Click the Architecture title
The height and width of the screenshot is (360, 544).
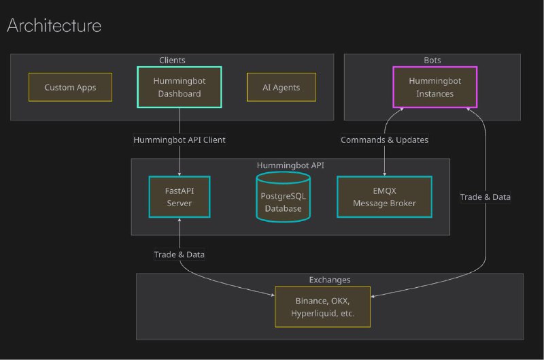(x=54, y=26)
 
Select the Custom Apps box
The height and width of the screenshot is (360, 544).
(x=70, y=87)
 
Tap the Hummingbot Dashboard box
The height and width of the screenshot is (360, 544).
(x=180, y=87)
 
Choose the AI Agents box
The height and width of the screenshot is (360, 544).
(x=281, y=87)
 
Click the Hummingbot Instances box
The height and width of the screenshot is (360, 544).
(x=435, y=87)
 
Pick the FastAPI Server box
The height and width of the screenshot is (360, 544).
(x=180, y=197)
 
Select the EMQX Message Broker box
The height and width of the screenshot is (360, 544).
(x=384, y=197)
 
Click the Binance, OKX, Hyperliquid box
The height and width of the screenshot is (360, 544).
(x=322, y=307)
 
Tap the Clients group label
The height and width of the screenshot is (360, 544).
(x=171, y=61)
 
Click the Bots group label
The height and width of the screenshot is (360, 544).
(x=432, y=61)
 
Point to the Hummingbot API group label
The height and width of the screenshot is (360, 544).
(x=290, y=165)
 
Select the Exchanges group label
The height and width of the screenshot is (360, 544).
(x=330, y=280)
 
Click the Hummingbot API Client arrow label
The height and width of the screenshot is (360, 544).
(x=180, y=140)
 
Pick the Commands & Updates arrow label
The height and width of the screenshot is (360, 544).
(x=384, y=140)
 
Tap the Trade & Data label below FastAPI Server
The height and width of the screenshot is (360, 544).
(x=180, y=254)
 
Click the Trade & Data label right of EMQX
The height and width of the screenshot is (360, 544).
(x=486, y=197)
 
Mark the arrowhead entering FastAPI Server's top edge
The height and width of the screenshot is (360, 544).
(x=180, y=174)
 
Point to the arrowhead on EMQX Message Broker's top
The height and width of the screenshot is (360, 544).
(x=384, y=174)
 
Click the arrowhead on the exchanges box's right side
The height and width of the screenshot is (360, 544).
(x=373, y=297)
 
